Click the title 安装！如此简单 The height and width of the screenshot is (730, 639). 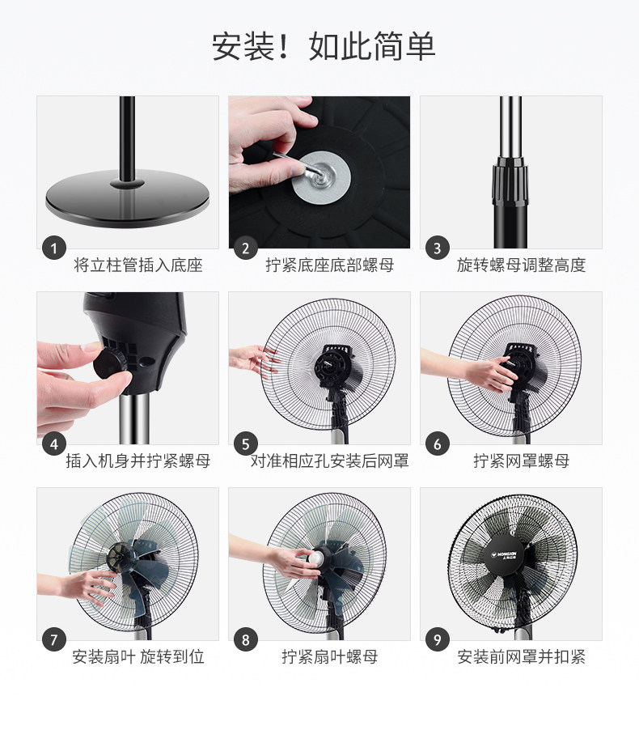[324, 47]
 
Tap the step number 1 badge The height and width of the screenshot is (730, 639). [53, 248]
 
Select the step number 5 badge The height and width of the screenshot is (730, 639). [245, 444]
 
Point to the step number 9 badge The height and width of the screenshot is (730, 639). [437, 639]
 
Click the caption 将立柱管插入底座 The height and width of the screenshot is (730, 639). [138, 265]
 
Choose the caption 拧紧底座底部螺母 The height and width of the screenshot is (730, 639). [329, 265]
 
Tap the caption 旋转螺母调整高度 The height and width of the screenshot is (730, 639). [521, 265]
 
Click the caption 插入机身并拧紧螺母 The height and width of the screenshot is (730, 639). [138, 461]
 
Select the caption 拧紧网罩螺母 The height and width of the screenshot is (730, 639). [521, 461]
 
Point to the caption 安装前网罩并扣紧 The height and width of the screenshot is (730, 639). [521, 657]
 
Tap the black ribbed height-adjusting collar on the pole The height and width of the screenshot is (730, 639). [510, 182]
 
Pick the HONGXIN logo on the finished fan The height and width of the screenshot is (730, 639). [506, 555]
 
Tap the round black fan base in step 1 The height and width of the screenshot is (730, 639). [127, 197]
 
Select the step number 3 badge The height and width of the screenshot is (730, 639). [437, 248]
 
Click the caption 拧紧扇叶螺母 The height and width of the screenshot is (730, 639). [329, 657]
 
